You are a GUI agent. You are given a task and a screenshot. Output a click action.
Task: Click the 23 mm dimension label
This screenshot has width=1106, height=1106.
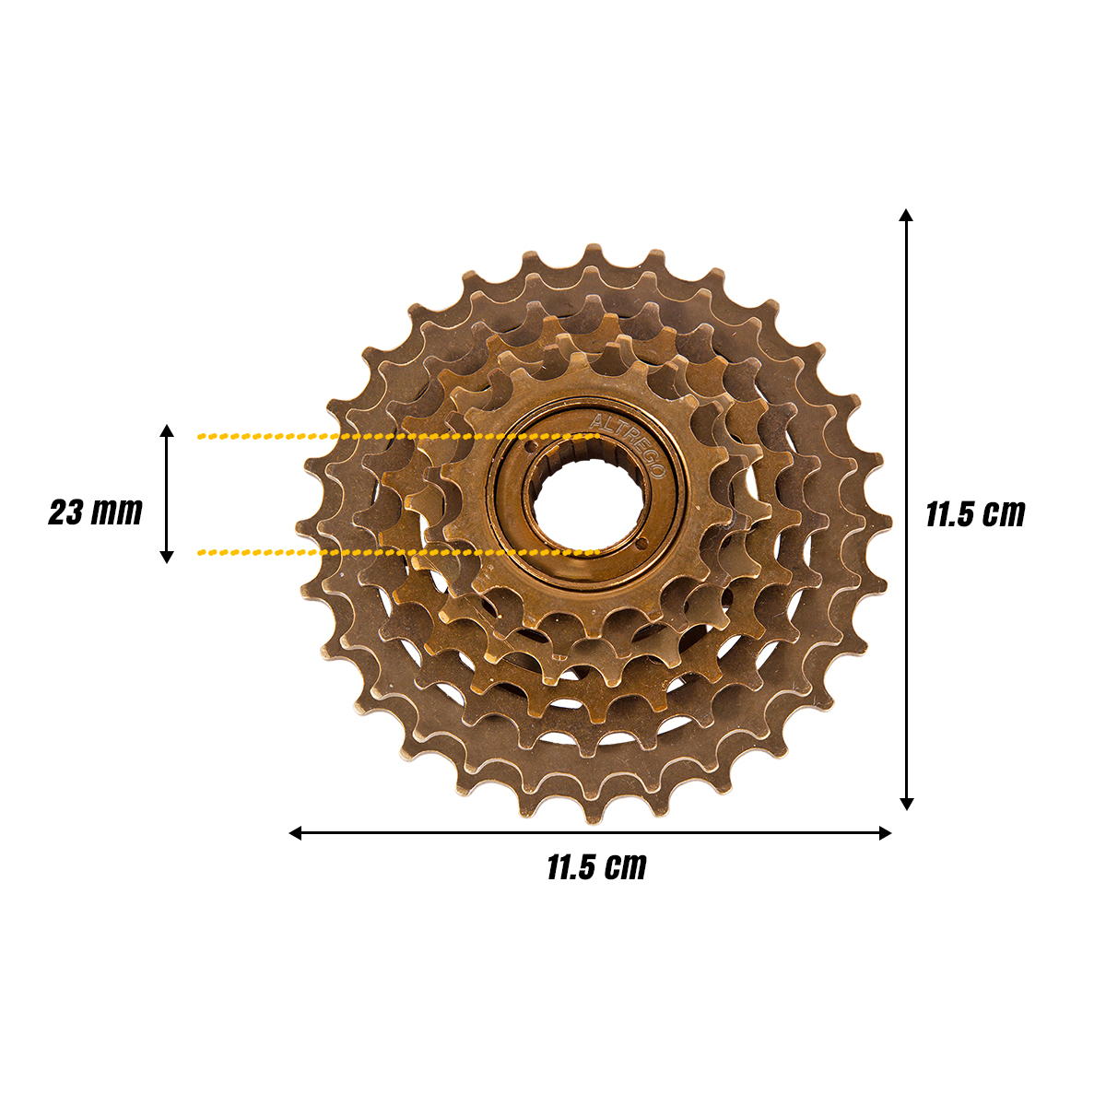coord(95,512)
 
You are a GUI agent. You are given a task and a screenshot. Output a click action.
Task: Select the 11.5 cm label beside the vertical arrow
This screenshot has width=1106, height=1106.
coord(975,513)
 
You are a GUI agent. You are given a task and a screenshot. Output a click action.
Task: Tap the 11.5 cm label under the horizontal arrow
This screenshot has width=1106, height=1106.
coord(596,867)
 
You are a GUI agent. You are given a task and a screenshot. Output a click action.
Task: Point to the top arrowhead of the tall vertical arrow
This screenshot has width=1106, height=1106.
coord(906,216)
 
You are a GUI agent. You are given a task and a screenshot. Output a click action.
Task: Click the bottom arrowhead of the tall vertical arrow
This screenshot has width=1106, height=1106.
coord(906,804)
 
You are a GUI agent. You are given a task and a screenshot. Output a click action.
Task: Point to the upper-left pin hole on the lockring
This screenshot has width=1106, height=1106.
coord(530,446)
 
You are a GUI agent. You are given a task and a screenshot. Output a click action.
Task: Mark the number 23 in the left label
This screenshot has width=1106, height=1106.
coord(66,512)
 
